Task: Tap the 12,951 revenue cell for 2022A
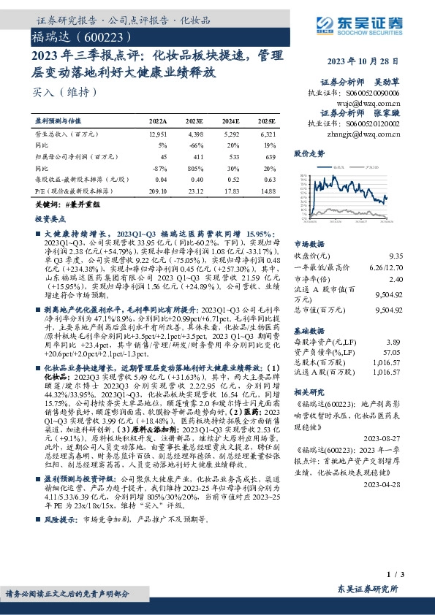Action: pos(158,134)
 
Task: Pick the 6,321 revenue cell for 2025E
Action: pos(268,134)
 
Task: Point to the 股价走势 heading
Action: pos(309,153)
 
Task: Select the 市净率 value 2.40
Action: pos(396,279)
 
